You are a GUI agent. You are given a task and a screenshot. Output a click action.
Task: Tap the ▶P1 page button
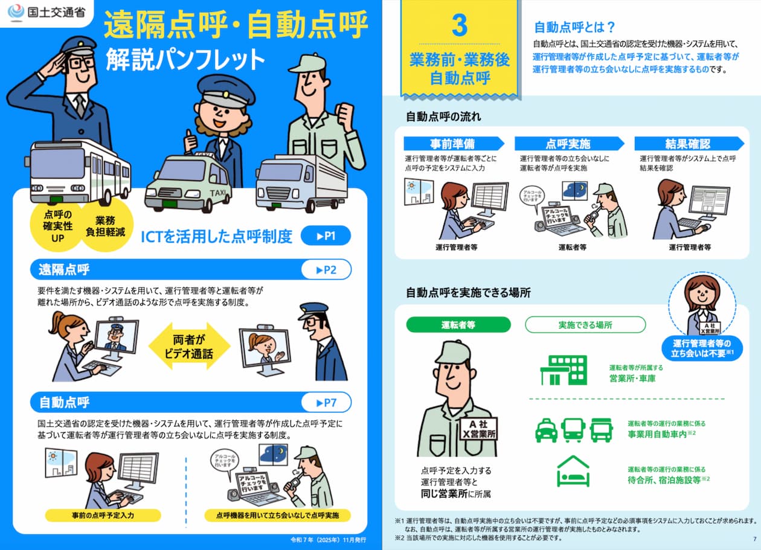coord(326,235)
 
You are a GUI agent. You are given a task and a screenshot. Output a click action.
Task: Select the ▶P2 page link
coord(326,270)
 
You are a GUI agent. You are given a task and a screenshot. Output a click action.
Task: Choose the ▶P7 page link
coord(326,402)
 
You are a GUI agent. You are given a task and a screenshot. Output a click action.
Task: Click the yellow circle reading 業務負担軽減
coord(105,226)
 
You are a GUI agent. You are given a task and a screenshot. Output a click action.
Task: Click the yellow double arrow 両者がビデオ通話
coord(189,347)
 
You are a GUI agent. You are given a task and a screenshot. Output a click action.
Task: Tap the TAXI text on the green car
coord(218,193)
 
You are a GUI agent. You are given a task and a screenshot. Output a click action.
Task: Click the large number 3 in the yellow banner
coord(459,25)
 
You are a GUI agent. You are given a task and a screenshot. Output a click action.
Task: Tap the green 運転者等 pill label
coord(458,325)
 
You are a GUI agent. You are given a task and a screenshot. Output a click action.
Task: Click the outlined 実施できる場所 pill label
coord(585,325)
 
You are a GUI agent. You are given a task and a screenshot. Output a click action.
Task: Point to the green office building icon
coord(564,369)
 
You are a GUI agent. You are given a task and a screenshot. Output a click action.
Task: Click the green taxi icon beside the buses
coord(546,430)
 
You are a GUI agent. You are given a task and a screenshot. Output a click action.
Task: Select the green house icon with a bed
coord(573,472)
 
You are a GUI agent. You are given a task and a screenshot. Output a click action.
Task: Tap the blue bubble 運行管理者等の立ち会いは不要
coord(702,348)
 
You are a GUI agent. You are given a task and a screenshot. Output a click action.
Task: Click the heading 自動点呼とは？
coord(574,27)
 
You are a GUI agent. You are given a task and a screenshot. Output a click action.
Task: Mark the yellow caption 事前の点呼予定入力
coord(103,515)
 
